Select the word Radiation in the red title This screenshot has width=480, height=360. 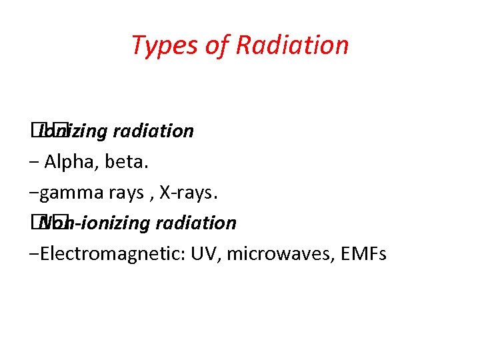click(292, 45)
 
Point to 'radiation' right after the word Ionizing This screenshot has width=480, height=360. click(153, 131)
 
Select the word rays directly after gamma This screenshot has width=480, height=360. click(125, 193)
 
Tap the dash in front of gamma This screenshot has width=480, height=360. click(35, 193)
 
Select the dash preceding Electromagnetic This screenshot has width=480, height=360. click(35, 255)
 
